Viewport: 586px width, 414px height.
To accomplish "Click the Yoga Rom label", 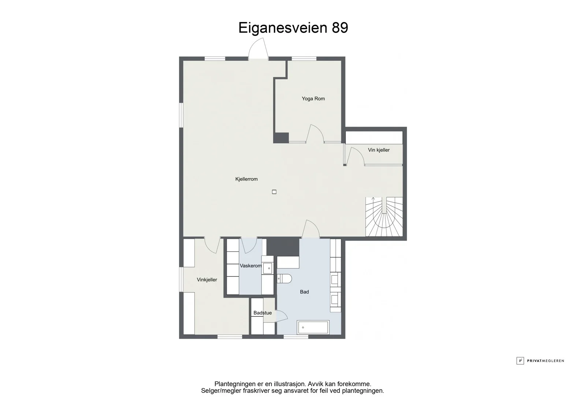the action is [313, 98].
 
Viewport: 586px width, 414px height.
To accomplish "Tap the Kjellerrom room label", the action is [246, 179].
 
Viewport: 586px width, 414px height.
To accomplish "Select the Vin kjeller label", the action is [379, 150].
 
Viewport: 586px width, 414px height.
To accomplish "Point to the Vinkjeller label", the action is [207, 280].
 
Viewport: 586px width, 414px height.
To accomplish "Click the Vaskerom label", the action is [251, 266].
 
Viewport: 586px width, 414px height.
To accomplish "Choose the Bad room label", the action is [304, 292].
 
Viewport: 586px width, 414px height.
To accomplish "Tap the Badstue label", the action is [263, 313].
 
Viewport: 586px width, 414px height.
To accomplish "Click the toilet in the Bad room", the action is [284, 279].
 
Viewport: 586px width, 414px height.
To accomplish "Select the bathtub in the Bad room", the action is [313, 327].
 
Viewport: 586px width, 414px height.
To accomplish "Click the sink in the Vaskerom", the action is [268, 268].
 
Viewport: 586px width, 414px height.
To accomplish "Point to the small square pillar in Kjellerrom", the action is [274, 192].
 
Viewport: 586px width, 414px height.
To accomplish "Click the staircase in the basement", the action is [384, 217].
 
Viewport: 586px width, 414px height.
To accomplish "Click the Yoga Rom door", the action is [315, 134].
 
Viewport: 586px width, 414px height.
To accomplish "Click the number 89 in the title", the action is [340, 28].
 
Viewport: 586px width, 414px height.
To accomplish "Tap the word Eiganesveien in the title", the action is [283, 28].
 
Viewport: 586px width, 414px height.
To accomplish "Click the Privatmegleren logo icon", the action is [520, 361].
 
